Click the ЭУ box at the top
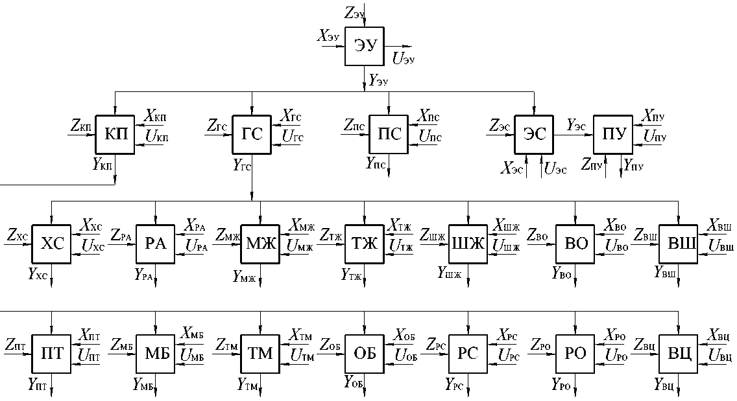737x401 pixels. [x=364, y=46]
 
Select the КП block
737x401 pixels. [x=115, y=135]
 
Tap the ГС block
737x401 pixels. [x=252, y=135]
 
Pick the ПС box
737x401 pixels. [x=389, y=135]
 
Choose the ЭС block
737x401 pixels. [x=534, y=135]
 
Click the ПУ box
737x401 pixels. [x=614, y=135]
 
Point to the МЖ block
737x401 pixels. [x=260, y=244]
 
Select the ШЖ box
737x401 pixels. [x=468, y=244]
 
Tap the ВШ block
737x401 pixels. [x=678, y=244]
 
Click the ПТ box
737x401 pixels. [x=51, y=354]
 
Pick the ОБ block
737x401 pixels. [x=364, y=354]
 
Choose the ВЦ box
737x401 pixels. [x=678, y=354]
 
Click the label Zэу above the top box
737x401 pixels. [x=354, y=10]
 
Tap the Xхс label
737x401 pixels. [x=91, y=225]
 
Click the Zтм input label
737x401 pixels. [x=226, y=345]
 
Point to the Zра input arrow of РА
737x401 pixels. [x=124, y=244]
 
